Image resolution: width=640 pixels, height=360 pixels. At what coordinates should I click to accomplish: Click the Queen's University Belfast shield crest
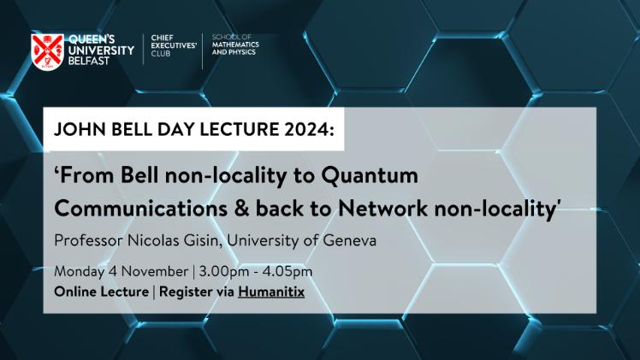pos(48,52)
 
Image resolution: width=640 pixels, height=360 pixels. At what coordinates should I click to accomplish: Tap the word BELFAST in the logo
pos(89,61)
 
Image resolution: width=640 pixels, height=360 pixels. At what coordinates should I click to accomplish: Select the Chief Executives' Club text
pos(174,45)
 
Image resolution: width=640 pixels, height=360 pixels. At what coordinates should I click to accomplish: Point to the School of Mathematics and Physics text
pos(235,44)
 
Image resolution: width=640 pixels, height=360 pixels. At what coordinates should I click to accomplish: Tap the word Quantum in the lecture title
pos(370,175)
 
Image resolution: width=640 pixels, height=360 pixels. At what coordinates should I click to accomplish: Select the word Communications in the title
pos(141,209)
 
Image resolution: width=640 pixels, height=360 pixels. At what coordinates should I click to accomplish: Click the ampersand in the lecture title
pos(241,209)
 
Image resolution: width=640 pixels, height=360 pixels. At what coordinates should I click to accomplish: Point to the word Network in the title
pos(382,209)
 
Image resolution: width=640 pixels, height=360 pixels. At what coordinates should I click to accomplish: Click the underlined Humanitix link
pos(271,292)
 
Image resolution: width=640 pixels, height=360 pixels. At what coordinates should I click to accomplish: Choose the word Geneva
pos(350,240)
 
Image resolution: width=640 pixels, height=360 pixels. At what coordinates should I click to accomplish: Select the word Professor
pos(88,240)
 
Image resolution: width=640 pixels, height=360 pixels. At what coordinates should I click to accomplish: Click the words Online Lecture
pos(101,292)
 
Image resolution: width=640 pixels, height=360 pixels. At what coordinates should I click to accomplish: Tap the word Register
pos(187,292)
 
